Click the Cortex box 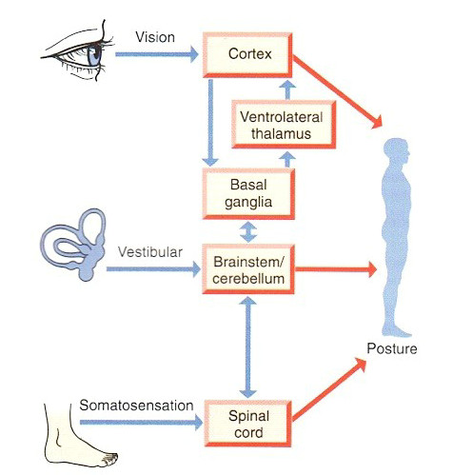pyautogui.click(x=247, y=55)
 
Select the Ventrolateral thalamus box pyautogui.click(x=284, y=125)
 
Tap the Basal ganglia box pyautogui.click(x=248, y=193)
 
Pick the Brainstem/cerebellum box pyautogui.click(x=248, y=269)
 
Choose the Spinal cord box pyautogui.click(x=248, y=424)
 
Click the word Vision pyautogui.click(x=155, y=37)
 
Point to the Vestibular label pyautogui.click(x=150, y=252)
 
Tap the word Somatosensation pyautogui.click(x=136, y=406)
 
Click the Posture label pyautogui.click(x=392, y=348)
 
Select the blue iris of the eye pyautogui.click(x=94, y=56)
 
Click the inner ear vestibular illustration pyautogui.click(x=73, y=245)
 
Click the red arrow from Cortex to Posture pyautogui.click(x=337, y=92)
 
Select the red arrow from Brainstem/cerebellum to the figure pyautogui.click(x=336, y=269)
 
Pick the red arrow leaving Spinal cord pyautogui.click(x=329, y=389)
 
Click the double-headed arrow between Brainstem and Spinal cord pyautogui.click(x=248, y=347)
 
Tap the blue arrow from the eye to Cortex pyautogui.click(x=157, y=54)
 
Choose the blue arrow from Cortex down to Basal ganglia pyautogui.click(x=210, y=123)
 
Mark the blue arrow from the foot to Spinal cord pyautogui.click(x=141, y=423)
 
